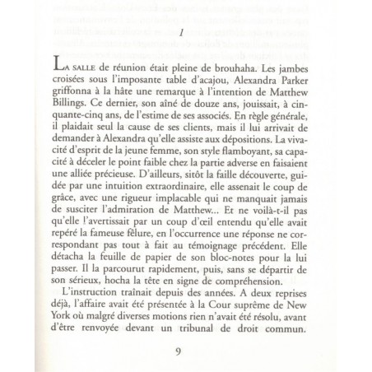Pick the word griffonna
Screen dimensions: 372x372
point(75,94)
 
